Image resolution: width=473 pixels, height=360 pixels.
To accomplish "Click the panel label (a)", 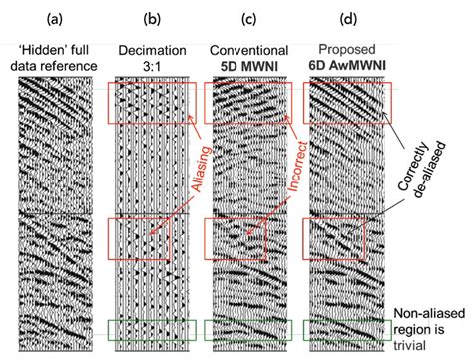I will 58,17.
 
